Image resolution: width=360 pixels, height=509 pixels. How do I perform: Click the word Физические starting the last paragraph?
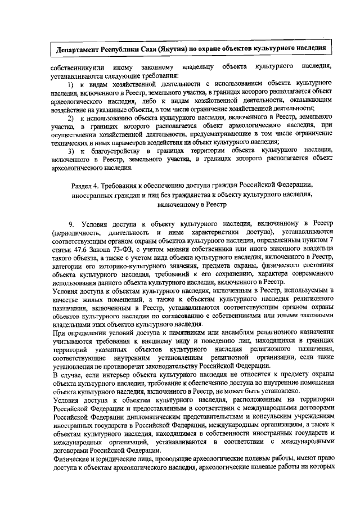coord(72,462)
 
